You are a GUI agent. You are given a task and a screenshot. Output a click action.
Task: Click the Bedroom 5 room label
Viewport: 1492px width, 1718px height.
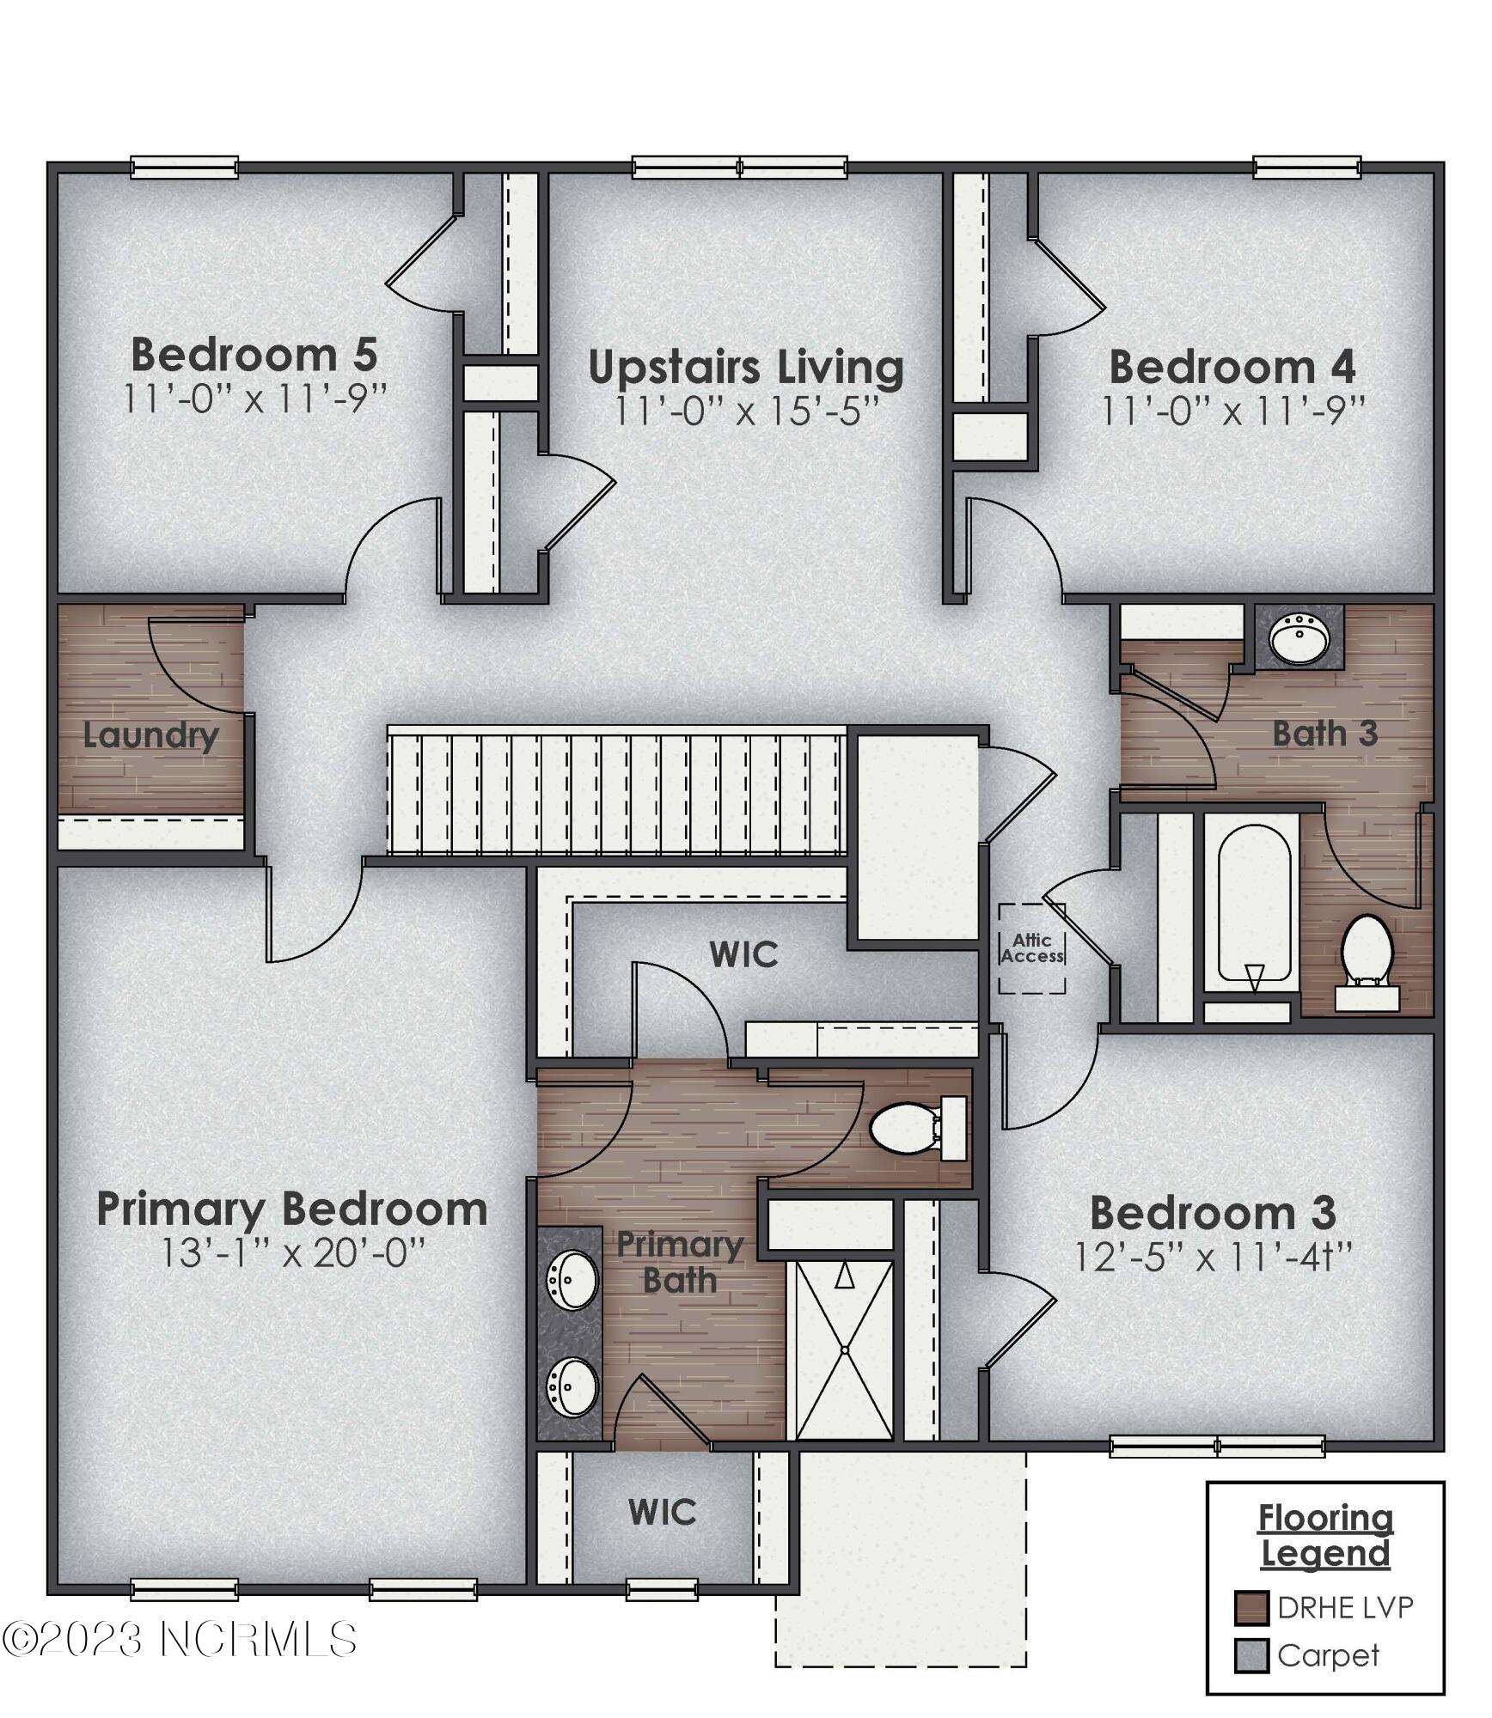pyautogui.click(x=254, y=354)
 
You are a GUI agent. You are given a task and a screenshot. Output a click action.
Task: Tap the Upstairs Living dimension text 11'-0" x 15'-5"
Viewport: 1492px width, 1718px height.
pyautogui.click(x=746, y=411)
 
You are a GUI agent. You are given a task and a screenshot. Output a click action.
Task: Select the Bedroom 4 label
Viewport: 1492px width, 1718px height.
pyautogui.click(x=1232, y=367)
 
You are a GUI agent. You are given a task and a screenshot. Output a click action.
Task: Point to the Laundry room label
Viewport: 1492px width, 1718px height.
pyautogui.click(x=150, y=735)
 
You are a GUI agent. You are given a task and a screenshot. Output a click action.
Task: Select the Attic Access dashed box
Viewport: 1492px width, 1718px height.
pyautogui.click(x=1032, y=947)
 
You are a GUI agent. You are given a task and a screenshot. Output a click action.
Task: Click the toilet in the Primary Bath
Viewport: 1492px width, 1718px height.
pyautogui.click(x=911, y=1128)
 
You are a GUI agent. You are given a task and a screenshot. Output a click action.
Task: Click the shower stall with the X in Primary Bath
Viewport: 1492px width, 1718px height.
pyautogui.click(x=845, y=1349)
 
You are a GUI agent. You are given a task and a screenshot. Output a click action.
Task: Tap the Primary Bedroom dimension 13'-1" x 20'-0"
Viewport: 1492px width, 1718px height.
pyautogui.click(x=293, y=1253)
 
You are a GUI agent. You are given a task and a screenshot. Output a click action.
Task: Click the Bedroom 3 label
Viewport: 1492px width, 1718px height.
pyautogui.click(x=1213, y=1213)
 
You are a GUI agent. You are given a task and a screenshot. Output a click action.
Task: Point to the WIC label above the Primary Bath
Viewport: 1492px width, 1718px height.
pyautogui.click(x=744, y=954)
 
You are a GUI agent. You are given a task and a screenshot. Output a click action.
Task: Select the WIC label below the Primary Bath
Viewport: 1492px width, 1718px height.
pyautogui.click(x=662, y=1513)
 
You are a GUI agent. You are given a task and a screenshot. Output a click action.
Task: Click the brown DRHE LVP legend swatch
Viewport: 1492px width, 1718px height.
pyautogui.click(x=1251, y=1607)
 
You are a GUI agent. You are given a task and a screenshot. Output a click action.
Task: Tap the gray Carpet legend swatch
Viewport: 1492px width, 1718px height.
pyautogui.click(x=1251, y=1655)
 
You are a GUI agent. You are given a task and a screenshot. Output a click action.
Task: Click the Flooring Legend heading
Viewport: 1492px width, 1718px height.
pyautogui.click(x=1325, y=1536)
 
